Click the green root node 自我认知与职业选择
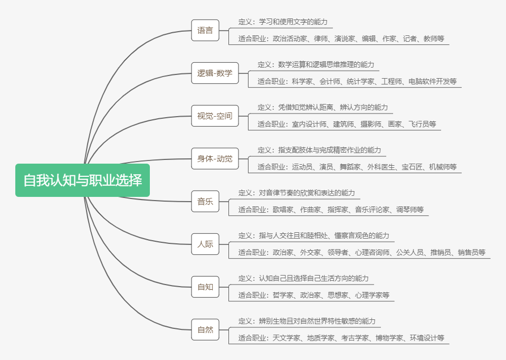click(82, 180)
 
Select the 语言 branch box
click(205, 30)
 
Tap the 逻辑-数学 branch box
click(215, 73)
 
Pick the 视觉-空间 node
click(215, 116)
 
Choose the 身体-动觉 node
click(215, 158)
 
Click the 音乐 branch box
click(205, 201)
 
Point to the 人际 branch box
click(205, 244)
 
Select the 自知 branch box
click(205, 287)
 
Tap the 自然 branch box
click(205, 329)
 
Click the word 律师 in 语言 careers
click(321, 39)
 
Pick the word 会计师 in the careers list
click(330, 81)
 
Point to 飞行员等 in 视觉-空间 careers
click(425, 124)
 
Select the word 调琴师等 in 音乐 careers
click(410, 210)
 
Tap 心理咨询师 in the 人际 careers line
click(373, 252)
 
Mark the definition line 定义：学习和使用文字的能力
click(283, 22)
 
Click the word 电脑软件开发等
click(432, 81)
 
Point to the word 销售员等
click(471, 252)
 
